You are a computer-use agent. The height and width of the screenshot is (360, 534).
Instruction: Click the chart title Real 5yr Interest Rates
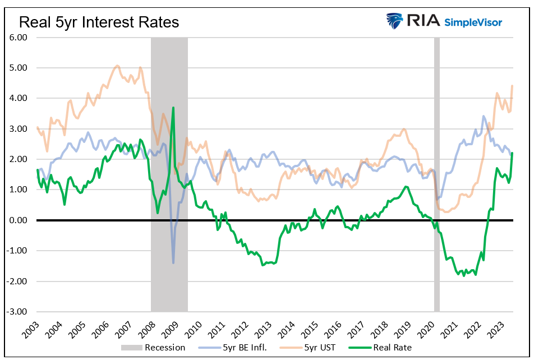click(99, 22)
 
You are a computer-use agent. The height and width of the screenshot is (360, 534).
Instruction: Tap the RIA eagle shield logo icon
click(395, 21)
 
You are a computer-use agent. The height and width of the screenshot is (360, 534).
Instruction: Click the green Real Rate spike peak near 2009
click(173, 108)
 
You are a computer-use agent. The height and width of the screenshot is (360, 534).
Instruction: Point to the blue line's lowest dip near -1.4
click(173, 262)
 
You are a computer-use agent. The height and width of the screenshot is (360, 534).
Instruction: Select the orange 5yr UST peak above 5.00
click(117, 66)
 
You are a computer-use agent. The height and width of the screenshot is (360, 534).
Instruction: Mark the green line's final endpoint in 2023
click(512, 153)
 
